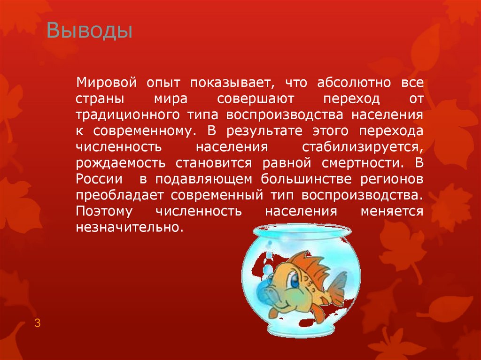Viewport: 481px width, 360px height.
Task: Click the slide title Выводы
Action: click(x=89, y=32)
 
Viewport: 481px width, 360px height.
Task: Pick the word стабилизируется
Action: click(x=363, y=147)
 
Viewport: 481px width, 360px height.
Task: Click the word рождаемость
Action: click(x=120, y=163)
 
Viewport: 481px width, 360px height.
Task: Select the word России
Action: click(x=99, y=179)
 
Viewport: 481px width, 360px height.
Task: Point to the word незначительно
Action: click(x=127, y=227)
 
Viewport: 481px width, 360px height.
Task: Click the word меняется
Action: click(x=392, y=211)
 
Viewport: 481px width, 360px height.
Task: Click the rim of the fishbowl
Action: click(x=301, y=230)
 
